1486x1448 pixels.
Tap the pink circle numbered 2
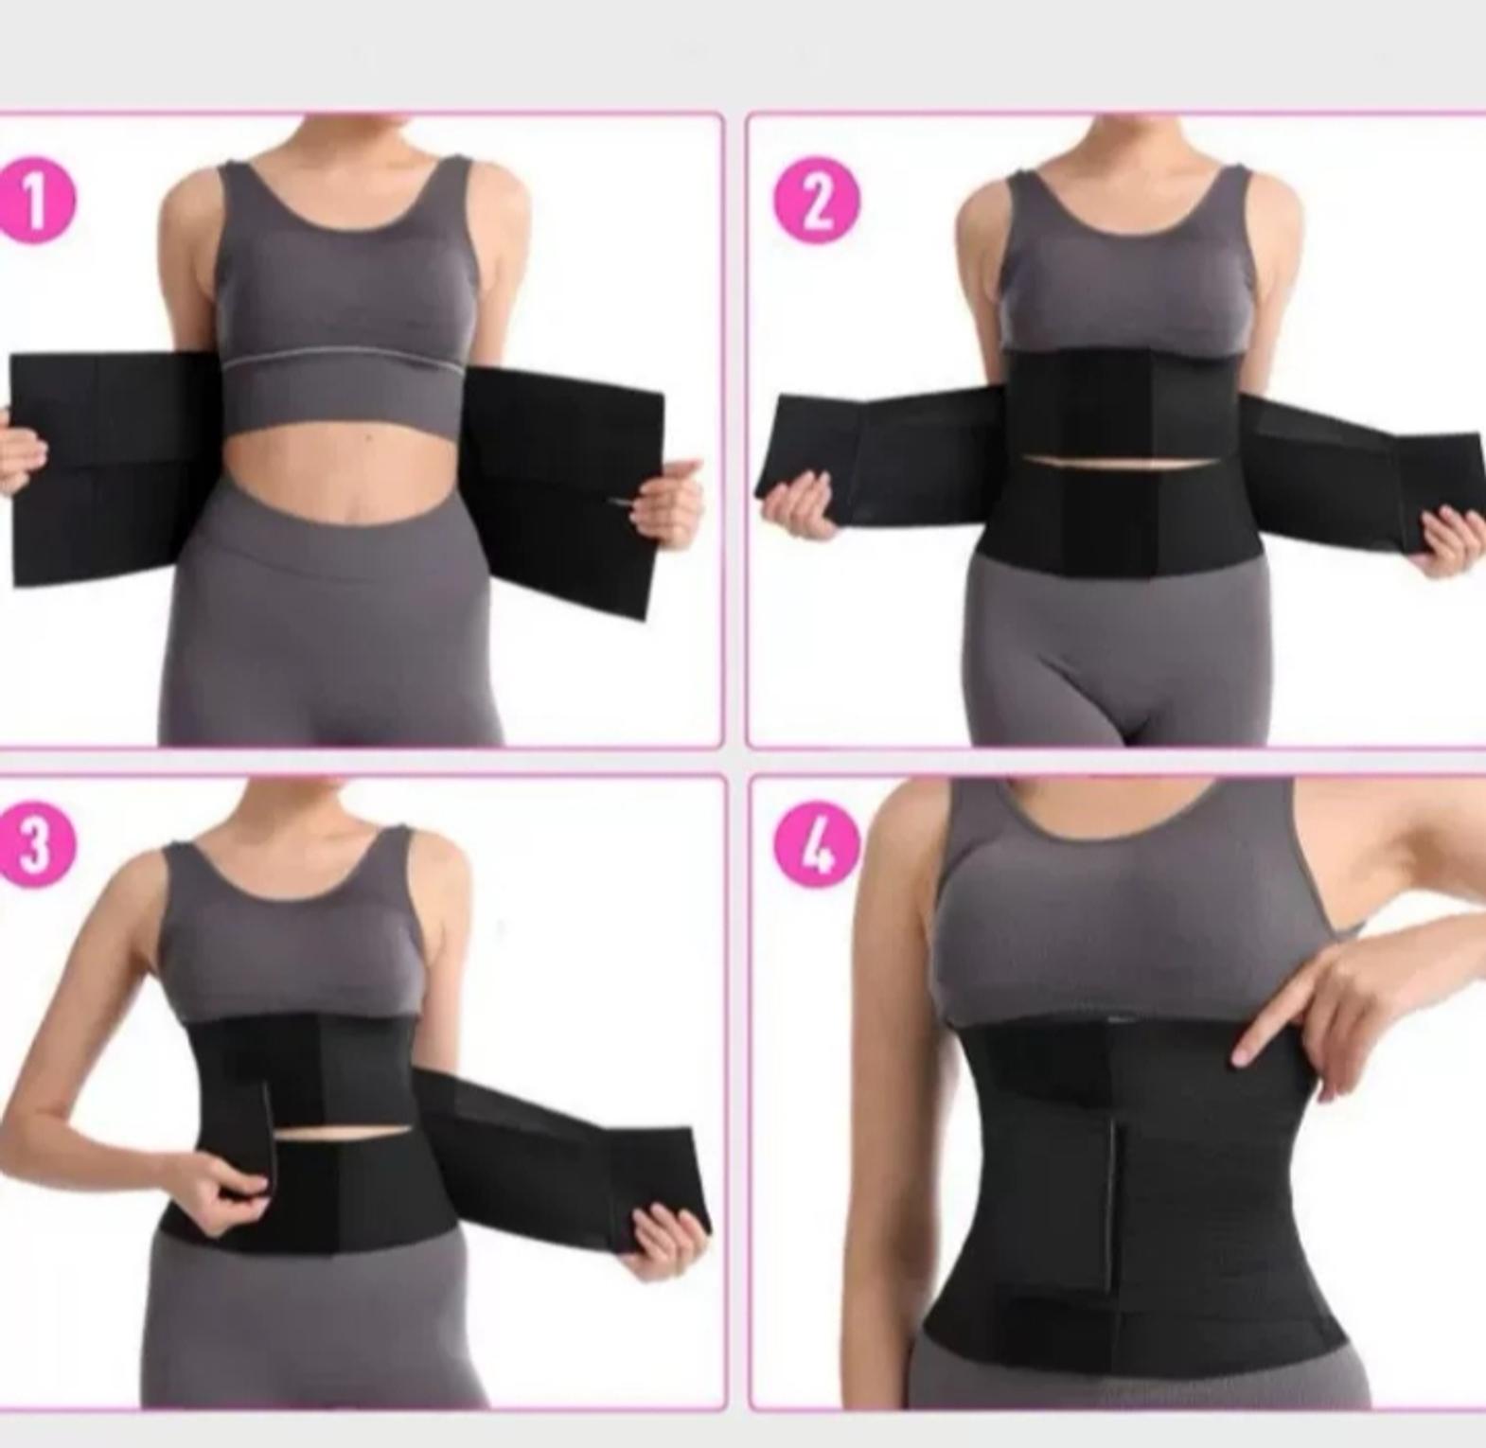[x=818, y=201]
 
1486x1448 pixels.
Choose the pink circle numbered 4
[x=817, y=845]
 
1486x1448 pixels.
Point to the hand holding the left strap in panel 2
[x=801, y=506]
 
